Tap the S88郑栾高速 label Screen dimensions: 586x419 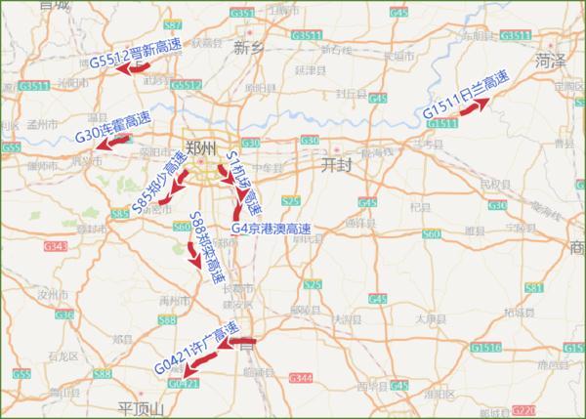[x=206, y=247]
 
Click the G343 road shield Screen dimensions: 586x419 [x=55, y=246]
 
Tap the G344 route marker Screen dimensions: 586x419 [x=303, y=378]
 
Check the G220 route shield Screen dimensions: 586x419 [x=523, y=410]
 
